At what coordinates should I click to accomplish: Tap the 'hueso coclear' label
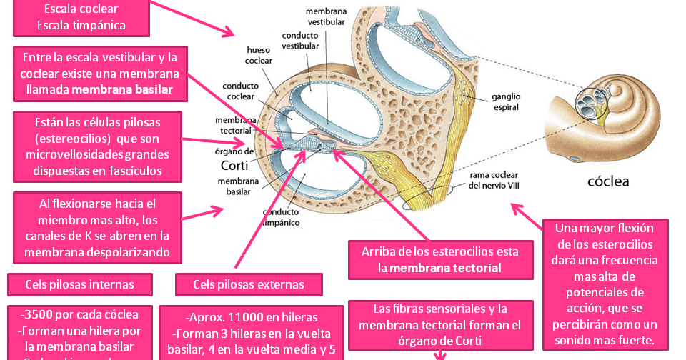258,56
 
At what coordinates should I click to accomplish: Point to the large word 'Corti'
234,166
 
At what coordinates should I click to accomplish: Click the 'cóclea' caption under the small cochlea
608,181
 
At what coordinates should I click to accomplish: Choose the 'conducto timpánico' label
285,217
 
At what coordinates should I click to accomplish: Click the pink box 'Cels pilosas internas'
80,284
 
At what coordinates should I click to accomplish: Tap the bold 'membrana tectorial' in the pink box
445,268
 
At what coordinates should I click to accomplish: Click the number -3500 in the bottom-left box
36,314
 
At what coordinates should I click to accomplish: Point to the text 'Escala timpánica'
81,26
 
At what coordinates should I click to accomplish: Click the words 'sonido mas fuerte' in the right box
606,339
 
